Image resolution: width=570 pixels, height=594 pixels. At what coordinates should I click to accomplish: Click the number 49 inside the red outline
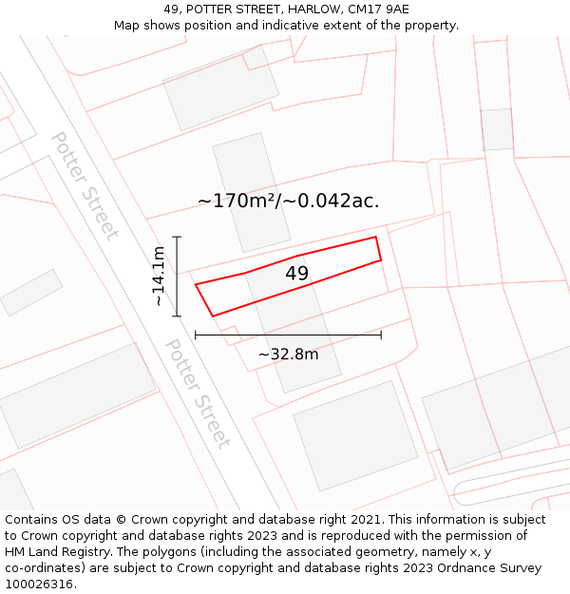coord(297,274)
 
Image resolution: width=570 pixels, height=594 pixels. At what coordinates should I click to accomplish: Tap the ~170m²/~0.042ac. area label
coord(288,201)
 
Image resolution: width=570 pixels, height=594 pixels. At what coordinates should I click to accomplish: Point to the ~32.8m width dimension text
coord(288,354)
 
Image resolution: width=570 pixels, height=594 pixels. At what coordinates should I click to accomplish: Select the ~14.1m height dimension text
coord(159,276)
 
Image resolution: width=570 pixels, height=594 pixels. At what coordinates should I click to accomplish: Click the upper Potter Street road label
coord(85,185)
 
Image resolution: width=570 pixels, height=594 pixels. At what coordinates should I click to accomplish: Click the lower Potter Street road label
coord(198,393)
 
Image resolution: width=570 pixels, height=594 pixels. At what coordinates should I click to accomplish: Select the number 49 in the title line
coord(171,10)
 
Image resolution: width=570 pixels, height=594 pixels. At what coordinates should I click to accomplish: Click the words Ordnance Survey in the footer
coord(493,568)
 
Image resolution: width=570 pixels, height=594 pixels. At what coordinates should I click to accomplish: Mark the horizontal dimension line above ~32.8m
coord(288,335)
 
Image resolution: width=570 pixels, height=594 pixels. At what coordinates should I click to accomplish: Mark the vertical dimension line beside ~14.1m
coord(177,276)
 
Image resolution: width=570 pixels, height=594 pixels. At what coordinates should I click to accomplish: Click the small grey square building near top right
coord(497,129)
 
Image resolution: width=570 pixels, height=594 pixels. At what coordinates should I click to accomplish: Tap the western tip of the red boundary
coord(197,284)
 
